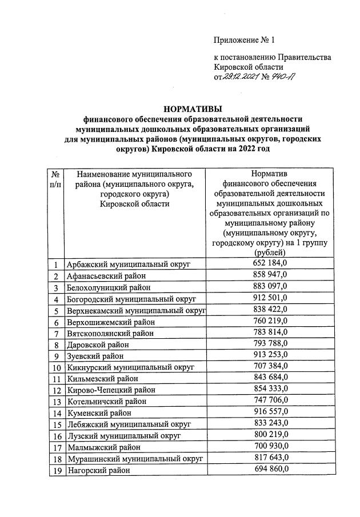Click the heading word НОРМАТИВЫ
[193, 109]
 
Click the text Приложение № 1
[244, 40]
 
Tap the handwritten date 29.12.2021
[241, 78]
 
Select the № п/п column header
[56, 179]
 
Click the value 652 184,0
[269, 263]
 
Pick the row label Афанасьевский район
[105, 276]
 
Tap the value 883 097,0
[269, 286]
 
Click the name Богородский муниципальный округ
[131, 299]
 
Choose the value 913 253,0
[269, 355]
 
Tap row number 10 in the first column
[56, 367]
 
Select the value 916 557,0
[269, 411]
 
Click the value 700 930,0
[269, 446]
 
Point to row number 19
[56, 470]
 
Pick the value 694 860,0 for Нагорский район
[269, 468]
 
